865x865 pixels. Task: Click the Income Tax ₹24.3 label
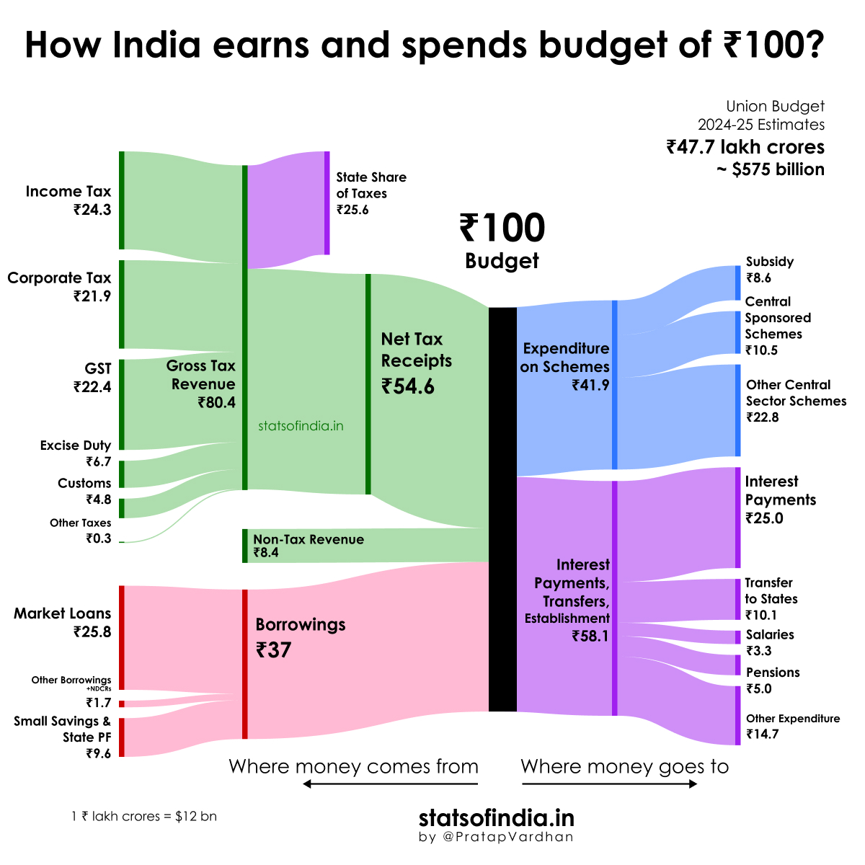point(68,200)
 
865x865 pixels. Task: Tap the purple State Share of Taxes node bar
point(327,203)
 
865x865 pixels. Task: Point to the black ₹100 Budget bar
point(502,509)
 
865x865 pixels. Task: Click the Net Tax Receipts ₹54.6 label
point(417,363)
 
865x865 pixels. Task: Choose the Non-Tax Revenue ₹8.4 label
point(309,546)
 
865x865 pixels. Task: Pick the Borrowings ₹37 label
point(300,637)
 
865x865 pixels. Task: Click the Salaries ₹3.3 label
point(769,642)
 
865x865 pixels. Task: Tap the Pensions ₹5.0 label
point(772,680)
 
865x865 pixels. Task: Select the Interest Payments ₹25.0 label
point(780,500)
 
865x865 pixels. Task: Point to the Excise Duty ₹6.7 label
point(76,453)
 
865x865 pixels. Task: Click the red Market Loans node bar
point(122,637)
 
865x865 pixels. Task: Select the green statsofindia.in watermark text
point(301,426)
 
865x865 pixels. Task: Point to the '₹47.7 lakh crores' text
point(745,147)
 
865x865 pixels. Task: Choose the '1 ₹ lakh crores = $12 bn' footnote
point(144,817)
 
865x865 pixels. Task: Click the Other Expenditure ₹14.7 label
point(792,726)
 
